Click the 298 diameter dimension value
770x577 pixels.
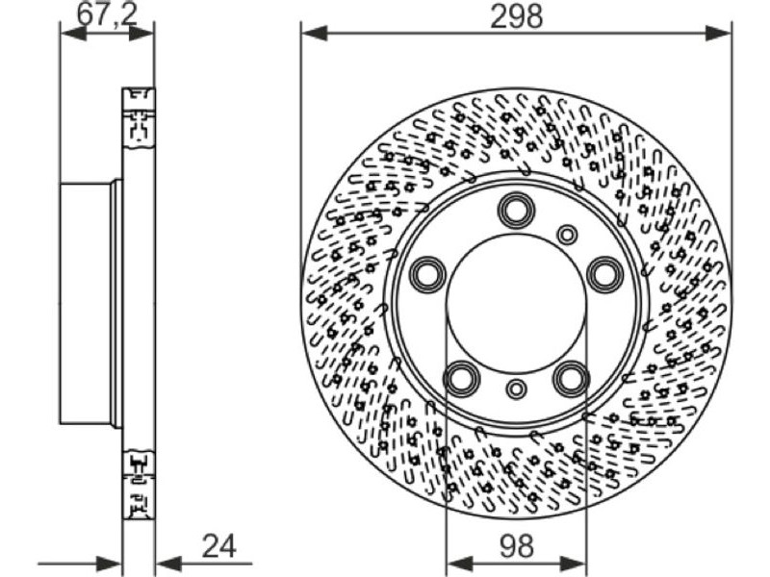[517, 16]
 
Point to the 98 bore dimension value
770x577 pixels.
[517, 545]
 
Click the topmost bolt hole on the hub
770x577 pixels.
[516, 211]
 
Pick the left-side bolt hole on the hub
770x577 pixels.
[427, 274]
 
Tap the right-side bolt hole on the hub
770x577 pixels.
[605, 274]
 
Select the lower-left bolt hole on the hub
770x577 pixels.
[462, 378]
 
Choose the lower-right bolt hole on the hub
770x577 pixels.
[571, 378]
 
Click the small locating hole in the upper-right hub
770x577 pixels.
[567, 234]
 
